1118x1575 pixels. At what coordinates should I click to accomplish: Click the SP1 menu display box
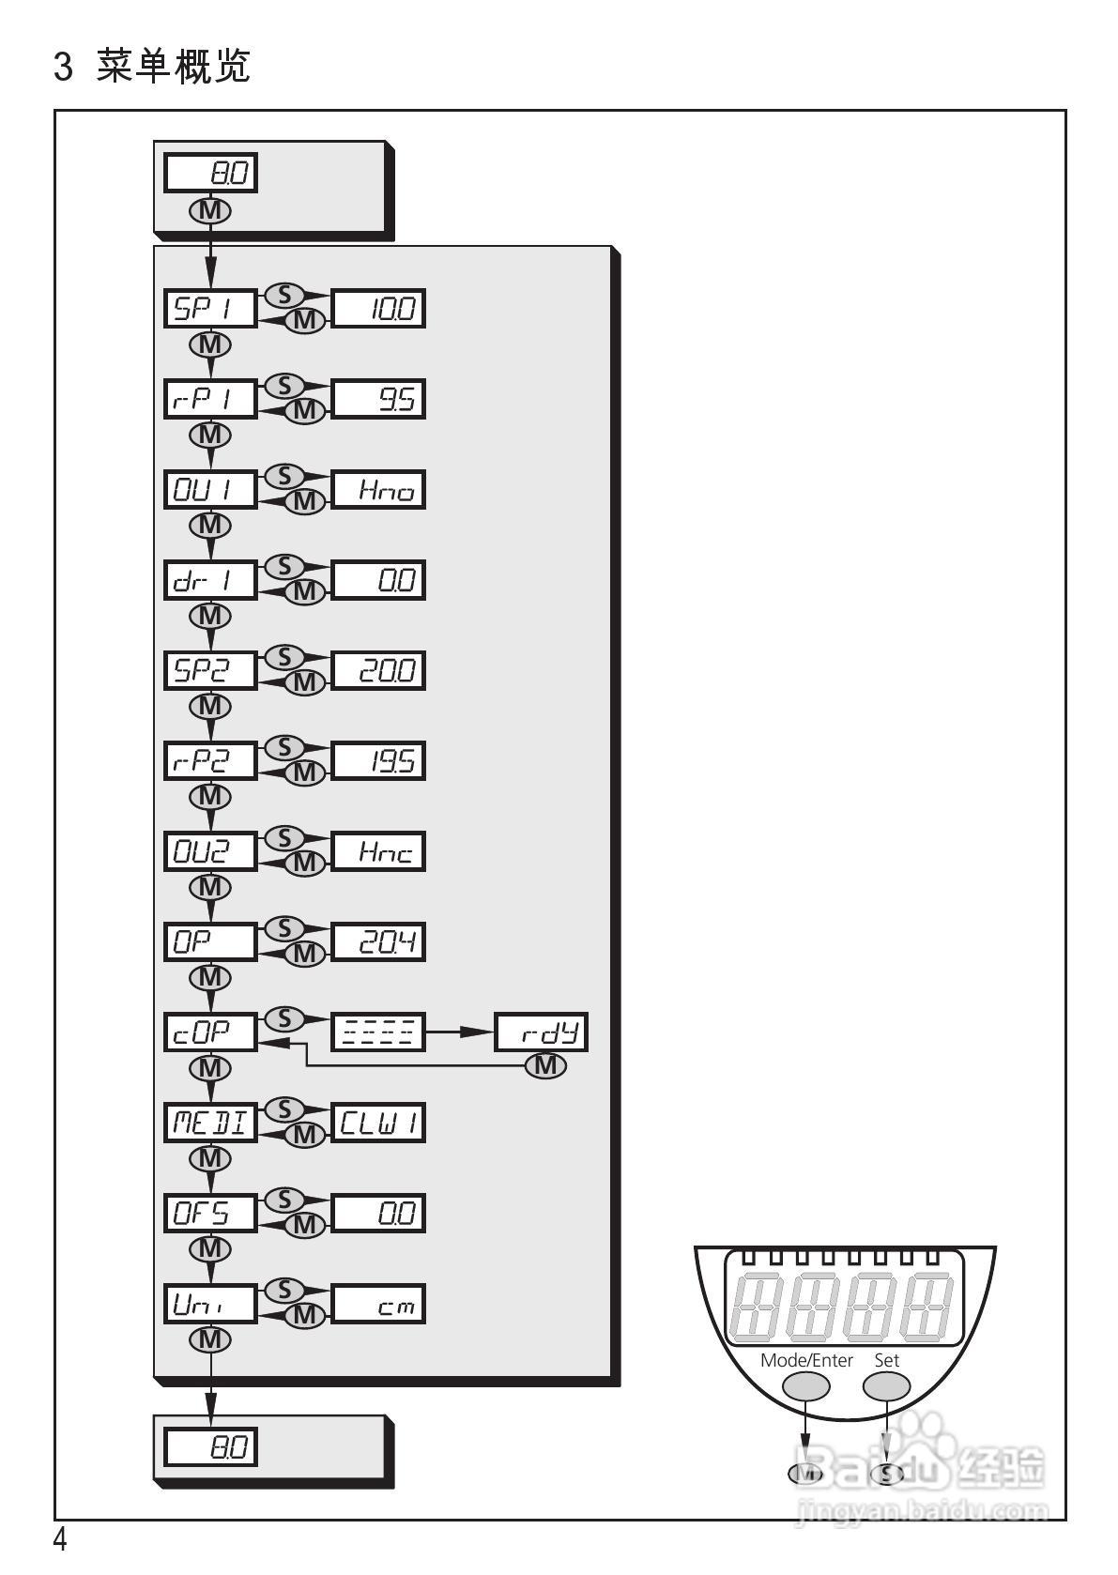210,308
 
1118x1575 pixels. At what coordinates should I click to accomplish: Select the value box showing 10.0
377,308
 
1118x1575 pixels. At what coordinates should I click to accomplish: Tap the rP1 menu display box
210,399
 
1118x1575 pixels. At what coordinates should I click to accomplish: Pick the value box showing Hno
377,489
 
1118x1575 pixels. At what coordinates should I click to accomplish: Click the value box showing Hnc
377,851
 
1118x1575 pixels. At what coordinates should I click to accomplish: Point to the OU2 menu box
210,851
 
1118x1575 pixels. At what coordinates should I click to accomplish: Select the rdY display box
541,1032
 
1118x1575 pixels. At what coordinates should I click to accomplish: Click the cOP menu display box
210,1032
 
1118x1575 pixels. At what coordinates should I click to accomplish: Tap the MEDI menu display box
210,1123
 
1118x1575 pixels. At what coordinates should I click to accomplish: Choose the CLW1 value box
377,1123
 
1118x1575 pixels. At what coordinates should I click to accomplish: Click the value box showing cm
377,1304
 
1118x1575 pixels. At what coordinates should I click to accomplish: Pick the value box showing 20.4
377,941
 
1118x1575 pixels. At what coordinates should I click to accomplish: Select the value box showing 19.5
377,760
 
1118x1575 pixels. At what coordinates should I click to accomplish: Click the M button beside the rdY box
545,1065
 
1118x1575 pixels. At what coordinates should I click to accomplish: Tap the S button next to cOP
285,1018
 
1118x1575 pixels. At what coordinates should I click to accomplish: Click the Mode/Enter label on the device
806,1360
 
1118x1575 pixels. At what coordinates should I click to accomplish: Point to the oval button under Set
887,1385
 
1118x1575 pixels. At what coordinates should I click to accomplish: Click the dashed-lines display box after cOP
377,1032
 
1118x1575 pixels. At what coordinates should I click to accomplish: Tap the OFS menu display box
210,1213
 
